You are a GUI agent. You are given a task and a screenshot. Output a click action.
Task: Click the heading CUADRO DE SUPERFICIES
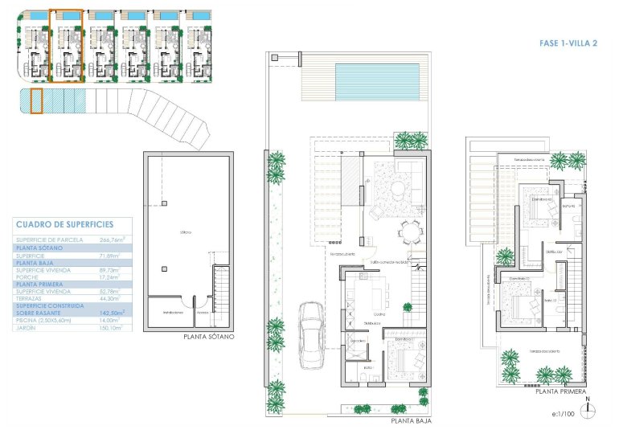point(64,224)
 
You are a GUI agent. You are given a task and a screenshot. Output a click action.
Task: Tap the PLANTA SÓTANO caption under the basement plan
point(208,338)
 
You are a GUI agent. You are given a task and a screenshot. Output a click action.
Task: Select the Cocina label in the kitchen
point(376,313)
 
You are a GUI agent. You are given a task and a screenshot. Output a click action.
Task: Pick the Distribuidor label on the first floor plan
point(552,252)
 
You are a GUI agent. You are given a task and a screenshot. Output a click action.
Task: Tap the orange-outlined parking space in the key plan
point(35,101)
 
